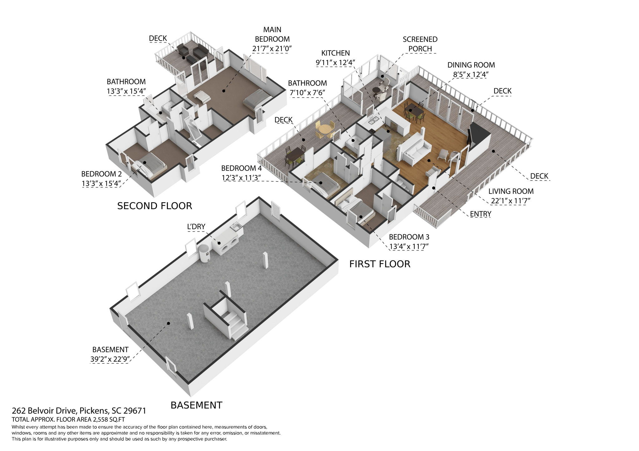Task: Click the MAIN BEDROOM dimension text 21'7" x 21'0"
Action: [272, 49]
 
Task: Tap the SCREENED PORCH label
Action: [420, 44]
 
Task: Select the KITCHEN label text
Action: [335, 53]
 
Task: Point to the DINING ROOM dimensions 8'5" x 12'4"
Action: [471, 74]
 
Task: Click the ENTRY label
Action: [480, 214]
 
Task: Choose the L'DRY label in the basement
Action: [196, 227]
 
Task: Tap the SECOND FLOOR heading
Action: [154, 206]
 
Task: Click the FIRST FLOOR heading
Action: [379, 264]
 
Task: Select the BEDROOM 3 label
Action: [409, 237]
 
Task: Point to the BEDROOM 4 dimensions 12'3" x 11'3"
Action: [241, 178]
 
